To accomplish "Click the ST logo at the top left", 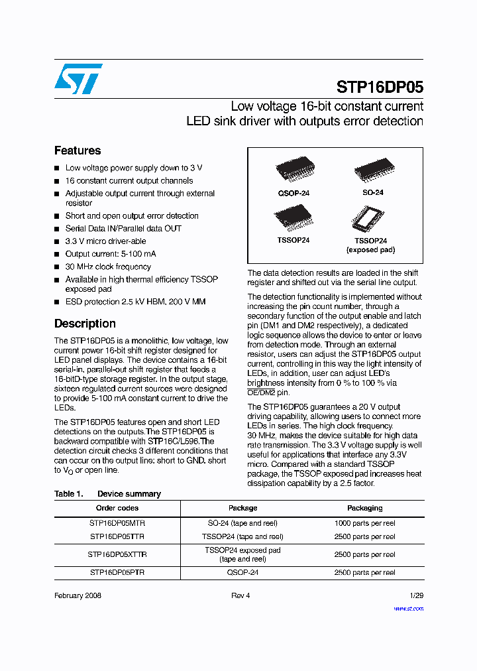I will click(78, 79).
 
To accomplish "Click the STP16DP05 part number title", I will click(380, 88).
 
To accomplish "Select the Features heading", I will click(78, 151).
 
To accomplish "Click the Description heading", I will click(85, 324).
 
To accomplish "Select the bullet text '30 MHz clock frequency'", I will click(108, 267).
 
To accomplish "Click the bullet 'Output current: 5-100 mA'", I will click(111, 254).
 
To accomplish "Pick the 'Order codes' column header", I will click(117, 508).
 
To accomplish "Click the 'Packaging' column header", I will click(365, 508).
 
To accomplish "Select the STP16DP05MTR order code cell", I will click(117, 523).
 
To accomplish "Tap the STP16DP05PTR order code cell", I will click(117, 572).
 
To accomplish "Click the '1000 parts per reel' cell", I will click(365, 523).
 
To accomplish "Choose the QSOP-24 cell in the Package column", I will click(242, 572).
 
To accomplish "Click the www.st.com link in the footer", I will click(408, 608).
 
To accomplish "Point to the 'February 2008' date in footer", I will click(78, 595).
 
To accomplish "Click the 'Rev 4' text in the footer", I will click(240, 595).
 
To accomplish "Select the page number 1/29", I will click(415, 595).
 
